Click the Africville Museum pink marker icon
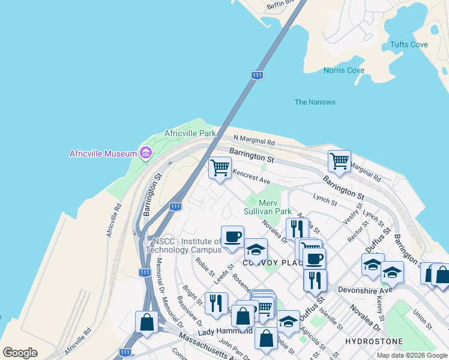145,154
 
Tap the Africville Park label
190,133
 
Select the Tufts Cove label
409,44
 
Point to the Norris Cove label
344,70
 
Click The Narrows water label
315,102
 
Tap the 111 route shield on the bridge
257,75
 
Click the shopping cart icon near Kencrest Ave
220,167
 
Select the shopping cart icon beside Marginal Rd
339,161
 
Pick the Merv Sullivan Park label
268,207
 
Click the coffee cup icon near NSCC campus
232,236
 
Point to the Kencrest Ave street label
252,176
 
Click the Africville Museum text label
103,154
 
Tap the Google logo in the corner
20,353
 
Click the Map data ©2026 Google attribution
412,355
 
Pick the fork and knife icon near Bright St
216,303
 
